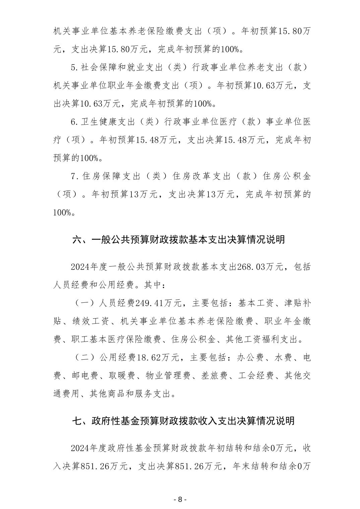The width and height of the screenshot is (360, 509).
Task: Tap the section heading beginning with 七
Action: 183,420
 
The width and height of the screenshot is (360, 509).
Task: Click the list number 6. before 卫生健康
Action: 74,122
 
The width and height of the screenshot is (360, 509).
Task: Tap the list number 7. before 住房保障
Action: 74,176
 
